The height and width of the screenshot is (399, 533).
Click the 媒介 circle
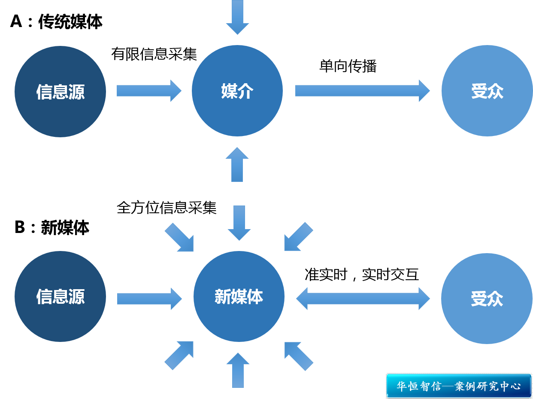point(237,91)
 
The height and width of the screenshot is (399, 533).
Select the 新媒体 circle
point(239,296)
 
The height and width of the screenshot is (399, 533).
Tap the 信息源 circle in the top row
point(60,91)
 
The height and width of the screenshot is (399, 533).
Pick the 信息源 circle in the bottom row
point(60,296)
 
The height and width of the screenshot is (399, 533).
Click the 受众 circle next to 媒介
point(487,91)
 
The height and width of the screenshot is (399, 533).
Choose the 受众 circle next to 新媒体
point(487,299)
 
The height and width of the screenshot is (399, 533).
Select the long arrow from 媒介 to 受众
point(362,91)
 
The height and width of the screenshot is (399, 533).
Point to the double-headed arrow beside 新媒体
point(363,298)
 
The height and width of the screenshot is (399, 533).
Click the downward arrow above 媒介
point(237,17)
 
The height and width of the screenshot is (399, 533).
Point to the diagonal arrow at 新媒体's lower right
point(299,356)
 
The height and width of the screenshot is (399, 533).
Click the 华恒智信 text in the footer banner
point(418,386)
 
